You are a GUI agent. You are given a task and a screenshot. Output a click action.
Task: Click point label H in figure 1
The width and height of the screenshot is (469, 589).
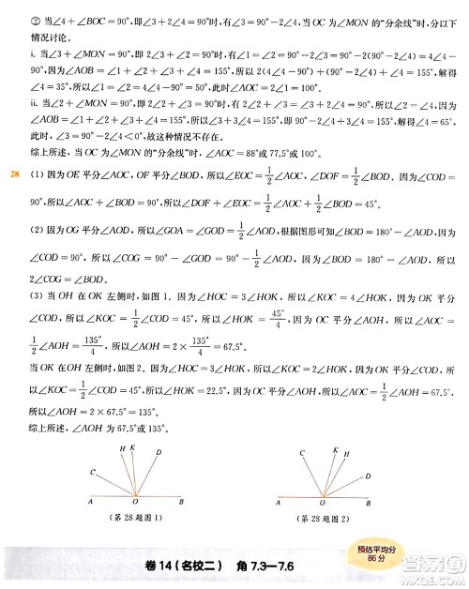pyautogui.click(x=123, y=449)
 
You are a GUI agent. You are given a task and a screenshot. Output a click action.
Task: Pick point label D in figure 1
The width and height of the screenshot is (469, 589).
pyautogui.click(x=159, y=452)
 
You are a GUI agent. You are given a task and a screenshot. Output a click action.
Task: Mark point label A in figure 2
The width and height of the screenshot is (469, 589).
pyautogui.click(x=281, y=504)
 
